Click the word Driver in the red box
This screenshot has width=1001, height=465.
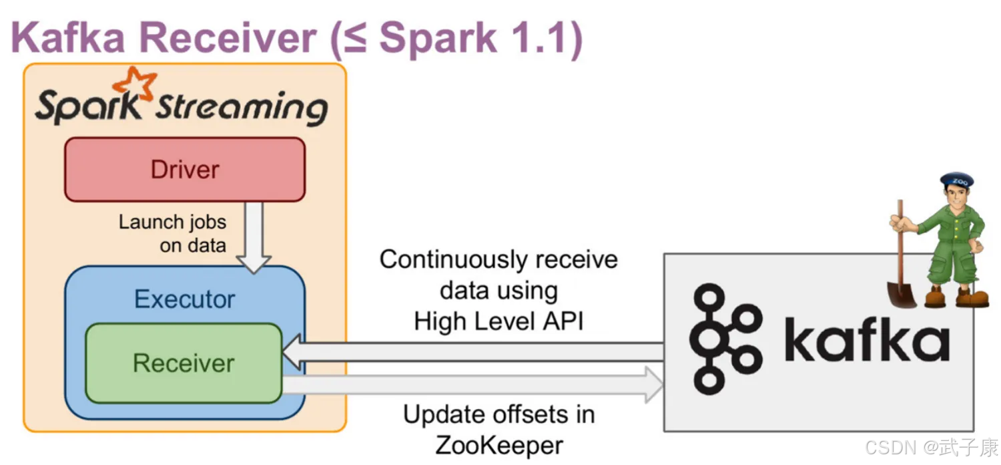click(185, 170)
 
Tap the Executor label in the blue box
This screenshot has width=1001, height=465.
click(185, 299)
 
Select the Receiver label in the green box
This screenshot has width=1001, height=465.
click(184, 363)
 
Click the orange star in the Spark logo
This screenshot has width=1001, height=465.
click(135, 84)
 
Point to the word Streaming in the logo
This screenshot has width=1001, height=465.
click(242, 108)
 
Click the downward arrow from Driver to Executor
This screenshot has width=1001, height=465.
click(254, 237)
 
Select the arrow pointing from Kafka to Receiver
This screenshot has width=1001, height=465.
click(473, 352)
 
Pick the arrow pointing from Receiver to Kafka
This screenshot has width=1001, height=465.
click(473, 385)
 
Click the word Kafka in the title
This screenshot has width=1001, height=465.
click(68, 37)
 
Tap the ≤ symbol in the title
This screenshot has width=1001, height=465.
click(355, 39)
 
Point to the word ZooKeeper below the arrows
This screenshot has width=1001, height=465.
click(499, 446)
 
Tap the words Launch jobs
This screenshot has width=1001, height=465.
click(172, 222)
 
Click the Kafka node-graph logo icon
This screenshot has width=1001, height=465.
click(726, 339)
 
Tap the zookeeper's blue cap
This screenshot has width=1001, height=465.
click(957, 181)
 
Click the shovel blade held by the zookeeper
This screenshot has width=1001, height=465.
click(902, 294)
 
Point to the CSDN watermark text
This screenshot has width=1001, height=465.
click(932, 447)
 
